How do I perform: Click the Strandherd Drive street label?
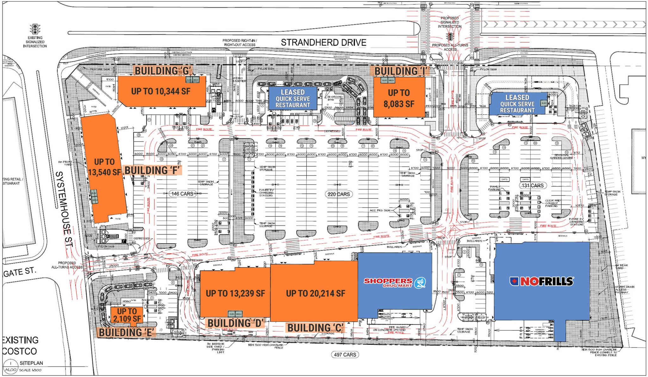coord(323,42)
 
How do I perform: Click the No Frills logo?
coord(541,281)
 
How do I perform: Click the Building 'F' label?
coord(152,170)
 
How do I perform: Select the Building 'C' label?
coord(315,328)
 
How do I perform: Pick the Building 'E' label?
coord(127,332)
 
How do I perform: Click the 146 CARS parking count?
coord(182,194)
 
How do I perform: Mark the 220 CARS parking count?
coord(339,194)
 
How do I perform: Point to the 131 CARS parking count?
coord(533,185)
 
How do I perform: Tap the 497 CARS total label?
coord(345,355)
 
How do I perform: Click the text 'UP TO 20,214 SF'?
coord(315,293)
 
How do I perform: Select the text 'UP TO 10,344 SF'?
coord(161,91)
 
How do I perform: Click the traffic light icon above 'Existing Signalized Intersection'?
coord(35,29)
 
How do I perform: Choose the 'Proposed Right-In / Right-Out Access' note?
coord(240,43)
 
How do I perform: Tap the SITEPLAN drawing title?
coord(31,363)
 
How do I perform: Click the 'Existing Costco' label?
coord(20,346)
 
